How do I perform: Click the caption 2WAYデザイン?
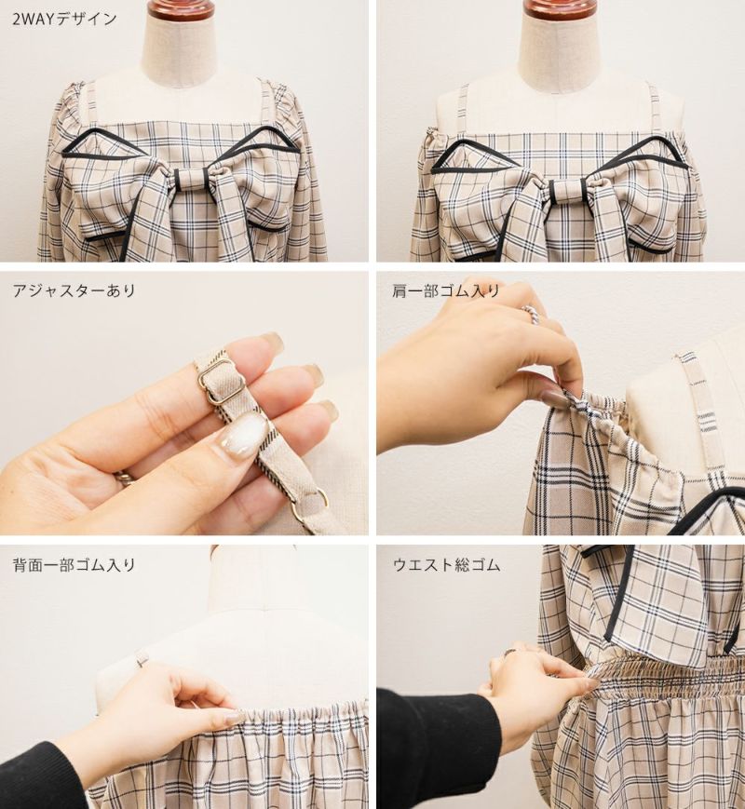tap(64, 20)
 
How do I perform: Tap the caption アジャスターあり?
tap(74, 290)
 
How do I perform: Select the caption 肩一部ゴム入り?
tap(446, 290)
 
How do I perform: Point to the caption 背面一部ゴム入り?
tap(74, 565)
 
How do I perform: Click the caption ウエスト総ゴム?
tap(446, 565)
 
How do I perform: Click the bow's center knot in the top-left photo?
tap(191, 180)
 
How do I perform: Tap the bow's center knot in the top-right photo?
tap(566, 193)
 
